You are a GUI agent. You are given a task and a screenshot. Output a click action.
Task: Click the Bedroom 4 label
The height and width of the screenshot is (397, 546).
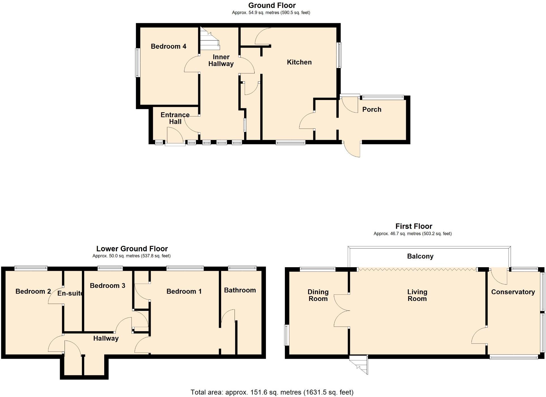click(x=168, y=46)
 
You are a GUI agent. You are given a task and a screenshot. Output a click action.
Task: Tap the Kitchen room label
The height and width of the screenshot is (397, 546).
click(x=299, y=62)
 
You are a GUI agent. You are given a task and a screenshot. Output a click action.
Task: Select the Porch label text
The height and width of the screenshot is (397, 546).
click(x=372, y=110)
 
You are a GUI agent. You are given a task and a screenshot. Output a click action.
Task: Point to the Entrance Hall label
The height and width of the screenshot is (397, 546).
click(x=175, y=118)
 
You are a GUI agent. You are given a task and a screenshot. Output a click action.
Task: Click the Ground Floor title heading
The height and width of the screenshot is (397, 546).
click(x=272, y=5)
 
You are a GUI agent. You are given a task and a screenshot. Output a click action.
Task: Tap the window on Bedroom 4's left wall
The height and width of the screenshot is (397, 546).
click(x=137, y=63)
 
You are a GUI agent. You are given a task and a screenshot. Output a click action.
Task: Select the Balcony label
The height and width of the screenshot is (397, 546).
click(x=420, y=256)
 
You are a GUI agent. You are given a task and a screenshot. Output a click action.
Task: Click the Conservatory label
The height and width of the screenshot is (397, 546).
click(x=513, y=292)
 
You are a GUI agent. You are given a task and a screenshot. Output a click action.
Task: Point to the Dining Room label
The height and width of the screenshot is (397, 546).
click(x=318, y=295)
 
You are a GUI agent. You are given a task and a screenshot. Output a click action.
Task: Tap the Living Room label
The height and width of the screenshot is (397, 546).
click(x=417, y=295)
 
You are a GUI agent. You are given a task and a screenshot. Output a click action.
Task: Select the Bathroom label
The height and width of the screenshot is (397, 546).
click(x=240, y=290)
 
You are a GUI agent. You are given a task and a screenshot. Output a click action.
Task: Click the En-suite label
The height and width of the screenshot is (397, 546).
click(x=70, y=293)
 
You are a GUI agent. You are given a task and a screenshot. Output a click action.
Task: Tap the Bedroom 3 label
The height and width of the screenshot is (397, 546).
click(x=107, y=286)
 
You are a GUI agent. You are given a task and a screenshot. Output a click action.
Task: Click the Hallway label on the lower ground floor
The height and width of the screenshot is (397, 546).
click(x=106, y=338)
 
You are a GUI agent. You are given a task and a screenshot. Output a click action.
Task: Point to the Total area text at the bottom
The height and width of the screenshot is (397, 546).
click(x=272, y=392)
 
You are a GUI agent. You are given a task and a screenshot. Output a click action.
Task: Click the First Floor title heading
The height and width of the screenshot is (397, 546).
click(x=413, y=226)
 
